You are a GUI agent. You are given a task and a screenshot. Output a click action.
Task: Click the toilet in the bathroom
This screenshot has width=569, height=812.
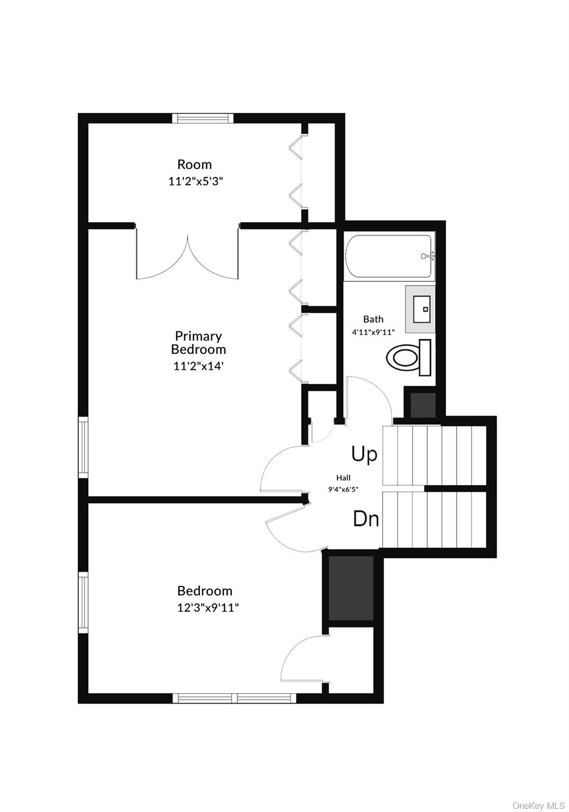(x=408, y=357)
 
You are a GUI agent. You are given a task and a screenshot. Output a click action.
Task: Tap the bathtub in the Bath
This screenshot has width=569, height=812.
(x=389, y=256)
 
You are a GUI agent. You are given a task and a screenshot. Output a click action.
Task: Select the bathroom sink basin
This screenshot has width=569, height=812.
(x=422, y=309)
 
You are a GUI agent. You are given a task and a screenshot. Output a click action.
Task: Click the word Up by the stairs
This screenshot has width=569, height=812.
(x=364, y=454)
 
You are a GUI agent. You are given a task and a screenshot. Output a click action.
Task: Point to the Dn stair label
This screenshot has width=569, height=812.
(x=366, y=519)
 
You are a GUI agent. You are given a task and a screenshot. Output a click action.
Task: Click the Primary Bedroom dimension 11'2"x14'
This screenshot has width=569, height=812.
(x=198, y=366)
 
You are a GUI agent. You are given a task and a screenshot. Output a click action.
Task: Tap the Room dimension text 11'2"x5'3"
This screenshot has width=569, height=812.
(x=195, y=181)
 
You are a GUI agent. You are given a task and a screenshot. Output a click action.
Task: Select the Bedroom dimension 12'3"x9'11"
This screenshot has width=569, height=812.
(x=208, y=607)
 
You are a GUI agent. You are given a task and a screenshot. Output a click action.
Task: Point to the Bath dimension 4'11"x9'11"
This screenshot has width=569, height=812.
(x=373, y=331)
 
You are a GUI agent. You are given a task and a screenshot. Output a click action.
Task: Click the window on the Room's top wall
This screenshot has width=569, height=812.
(x=203, y=118)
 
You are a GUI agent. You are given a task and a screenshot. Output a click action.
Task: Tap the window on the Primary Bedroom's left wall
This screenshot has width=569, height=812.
(x=83, y=447)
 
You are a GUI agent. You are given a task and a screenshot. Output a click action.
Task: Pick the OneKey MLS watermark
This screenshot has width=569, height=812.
(x=538, y=805)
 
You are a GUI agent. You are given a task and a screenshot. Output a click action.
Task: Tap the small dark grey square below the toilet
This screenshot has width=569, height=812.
(x=422, y=404)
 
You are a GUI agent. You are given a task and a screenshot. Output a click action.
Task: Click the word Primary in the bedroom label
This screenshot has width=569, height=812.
(x=198, y=336)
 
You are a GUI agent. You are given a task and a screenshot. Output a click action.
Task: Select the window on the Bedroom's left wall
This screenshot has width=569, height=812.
(x=83, y=603)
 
